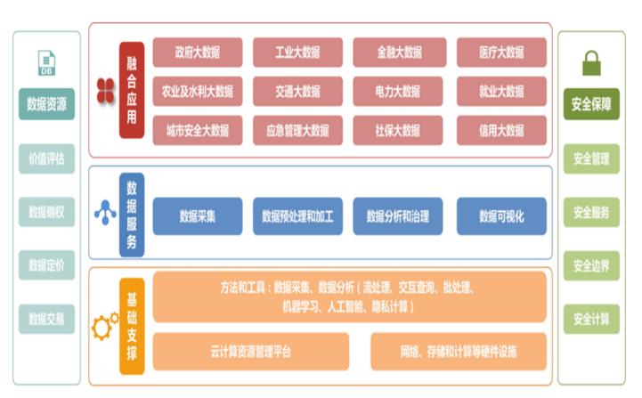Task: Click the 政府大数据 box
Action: [197, 52]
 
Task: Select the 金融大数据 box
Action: [398, 52]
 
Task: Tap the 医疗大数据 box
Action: [501, 52]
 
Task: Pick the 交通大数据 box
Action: [297, 91]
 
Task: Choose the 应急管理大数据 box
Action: [297, 130]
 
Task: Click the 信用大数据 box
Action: [501, 130]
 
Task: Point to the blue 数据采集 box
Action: [197, 215]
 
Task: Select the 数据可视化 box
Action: [501, 215]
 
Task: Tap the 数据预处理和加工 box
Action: [297, 215]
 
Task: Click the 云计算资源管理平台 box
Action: [250, 351]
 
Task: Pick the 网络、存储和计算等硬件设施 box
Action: [458, 351]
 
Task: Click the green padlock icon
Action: [590, 63]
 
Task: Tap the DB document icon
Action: [46, 62]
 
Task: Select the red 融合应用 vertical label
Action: [132, 90]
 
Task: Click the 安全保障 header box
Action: [590, 103]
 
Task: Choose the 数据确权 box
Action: [46, 212]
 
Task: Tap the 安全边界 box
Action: [590, 265]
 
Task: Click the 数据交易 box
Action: [46, 318]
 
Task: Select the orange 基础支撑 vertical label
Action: [132, 324]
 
